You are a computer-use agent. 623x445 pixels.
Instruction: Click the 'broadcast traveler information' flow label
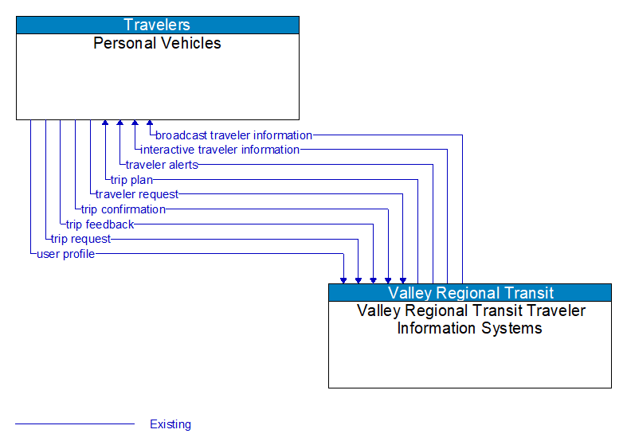pyautogui.click(x=233, y=135)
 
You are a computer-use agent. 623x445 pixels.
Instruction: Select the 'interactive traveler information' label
pyautogui.click(x=220, y=150)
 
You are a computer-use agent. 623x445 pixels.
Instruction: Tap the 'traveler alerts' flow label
pyautogui.click(x=161, y=165)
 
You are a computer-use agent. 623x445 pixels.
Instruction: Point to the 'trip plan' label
pyautogui.click(x=131, y=180)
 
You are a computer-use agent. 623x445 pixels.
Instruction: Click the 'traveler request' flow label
pyautogui.click(x=137, y=194)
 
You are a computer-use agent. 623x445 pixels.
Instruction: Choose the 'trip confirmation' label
pyautogui.click(x=123, y=209)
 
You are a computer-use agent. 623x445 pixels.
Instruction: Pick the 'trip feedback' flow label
pyautogui.click(x=100, y=224)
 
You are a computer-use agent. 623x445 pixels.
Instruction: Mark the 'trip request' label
pyautogui.click(x=80, y=239)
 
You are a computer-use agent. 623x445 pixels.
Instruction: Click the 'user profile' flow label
pyautogui.click(x=65, y=254)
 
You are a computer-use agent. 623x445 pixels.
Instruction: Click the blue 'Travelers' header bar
pyautogui.click(x=158, y=25)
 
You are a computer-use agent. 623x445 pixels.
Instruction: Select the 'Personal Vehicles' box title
pyautogui.click(x=158, y=43)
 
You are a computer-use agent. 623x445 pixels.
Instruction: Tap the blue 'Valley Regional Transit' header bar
pyautogui.click(x=470, y=292)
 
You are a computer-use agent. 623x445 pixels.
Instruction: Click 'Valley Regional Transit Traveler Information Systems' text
pyautogui.click(x=470, y=319)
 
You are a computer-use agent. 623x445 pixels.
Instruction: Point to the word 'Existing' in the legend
pyautogui.click(x=170, y=424)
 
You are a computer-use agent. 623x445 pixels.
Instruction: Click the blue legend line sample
pyautogui.click(x=75, y=424)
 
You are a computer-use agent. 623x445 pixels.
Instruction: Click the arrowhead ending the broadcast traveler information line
pyautogui.click(x=150, y=124)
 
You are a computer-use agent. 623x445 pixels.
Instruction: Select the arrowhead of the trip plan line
pyautogui.click(x=105, y=124)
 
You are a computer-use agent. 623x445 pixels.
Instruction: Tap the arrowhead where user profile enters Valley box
pyautogui.click(x=343, y=279)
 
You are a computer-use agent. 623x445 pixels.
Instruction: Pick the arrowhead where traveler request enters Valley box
pyautogui.click(x=403, y=279)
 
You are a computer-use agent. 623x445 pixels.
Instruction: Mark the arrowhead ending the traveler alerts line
pyautogui.click(x=120, y=124)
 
